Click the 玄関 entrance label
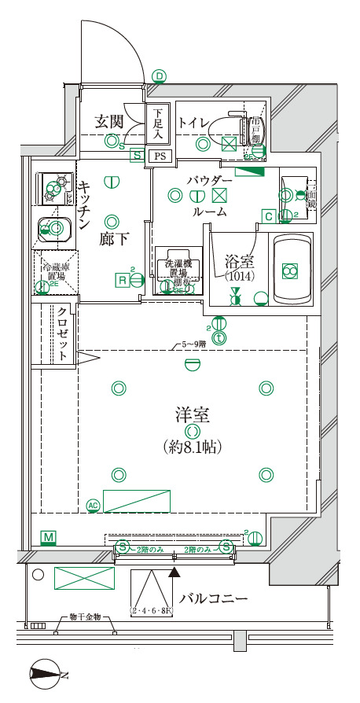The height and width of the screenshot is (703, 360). tap(108, 121)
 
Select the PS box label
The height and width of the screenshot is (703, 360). tap(160, 156)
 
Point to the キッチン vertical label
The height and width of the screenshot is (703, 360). tap(85, 202)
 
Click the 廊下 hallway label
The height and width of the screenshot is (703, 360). tap(113, 239)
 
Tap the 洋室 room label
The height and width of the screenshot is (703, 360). tap(191, 414)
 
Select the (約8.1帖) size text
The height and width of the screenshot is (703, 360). tap(191, 447)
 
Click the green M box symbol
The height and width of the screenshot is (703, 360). tap(49, 538)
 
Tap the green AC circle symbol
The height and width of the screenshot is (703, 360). tap(93, 505)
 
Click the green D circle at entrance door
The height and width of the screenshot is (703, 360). tap(160, 76)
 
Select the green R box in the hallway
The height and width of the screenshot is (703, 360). tap(123, 280)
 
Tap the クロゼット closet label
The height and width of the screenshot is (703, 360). tap(61, 333)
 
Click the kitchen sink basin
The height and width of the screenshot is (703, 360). tap(54, 229)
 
